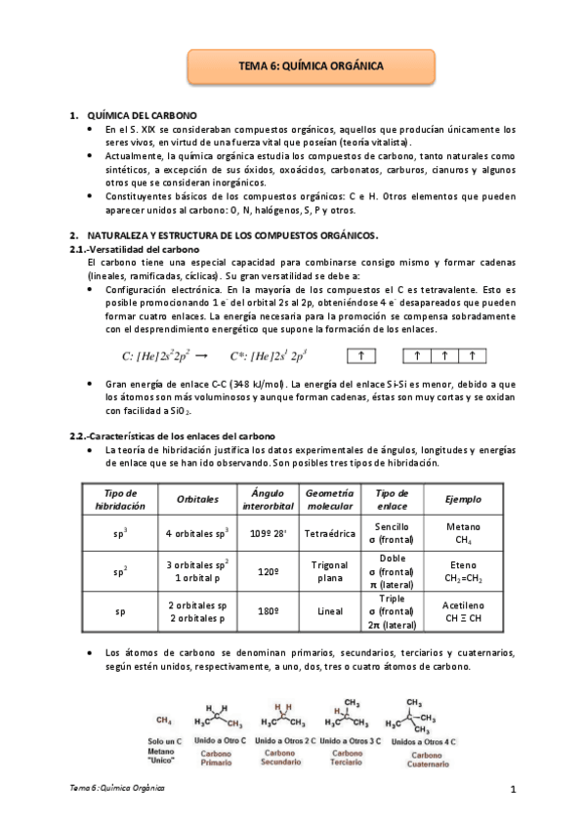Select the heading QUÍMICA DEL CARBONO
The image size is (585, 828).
tap(142, 115)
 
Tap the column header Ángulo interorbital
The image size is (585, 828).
tap(267, 499)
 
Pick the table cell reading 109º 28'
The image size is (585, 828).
tap(267, 533)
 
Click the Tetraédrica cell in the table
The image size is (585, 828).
tap(329, 533)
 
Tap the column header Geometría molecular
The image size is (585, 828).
tap(329, 499)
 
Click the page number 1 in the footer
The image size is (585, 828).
tap(512, 788)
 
